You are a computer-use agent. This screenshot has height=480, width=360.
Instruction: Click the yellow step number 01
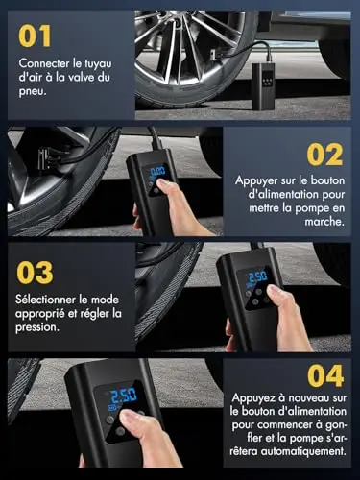(35, 36)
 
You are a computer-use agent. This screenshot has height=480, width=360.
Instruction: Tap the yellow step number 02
(324, 155)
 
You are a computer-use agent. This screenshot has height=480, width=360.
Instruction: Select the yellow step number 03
(35, 273)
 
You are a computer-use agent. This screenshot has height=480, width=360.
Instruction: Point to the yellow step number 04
(325, 376)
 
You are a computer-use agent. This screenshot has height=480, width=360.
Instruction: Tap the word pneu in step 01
(33, 92)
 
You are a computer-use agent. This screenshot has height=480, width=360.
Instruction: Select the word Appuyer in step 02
(256, 180)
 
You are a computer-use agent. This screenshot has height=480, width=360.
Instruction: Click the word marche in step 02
(324, 222)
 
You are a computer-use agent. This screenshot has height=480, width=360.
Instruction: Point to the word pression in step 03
(37, 327)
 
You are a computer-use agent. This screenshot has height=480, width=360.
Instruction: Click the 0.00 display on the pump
(157, 171)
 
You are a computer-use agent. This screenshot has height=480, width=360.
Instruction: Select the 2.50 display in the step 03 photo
(257, 276)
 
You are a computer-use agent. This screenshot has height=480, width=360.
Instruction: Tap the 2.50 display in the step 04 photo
(124, 396)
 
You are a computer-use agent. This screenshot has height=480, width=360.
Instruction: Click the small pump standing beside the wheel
(263, 86)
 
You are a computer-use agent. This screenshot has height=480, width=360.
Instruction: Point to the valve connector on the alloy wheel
(214, 54)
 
